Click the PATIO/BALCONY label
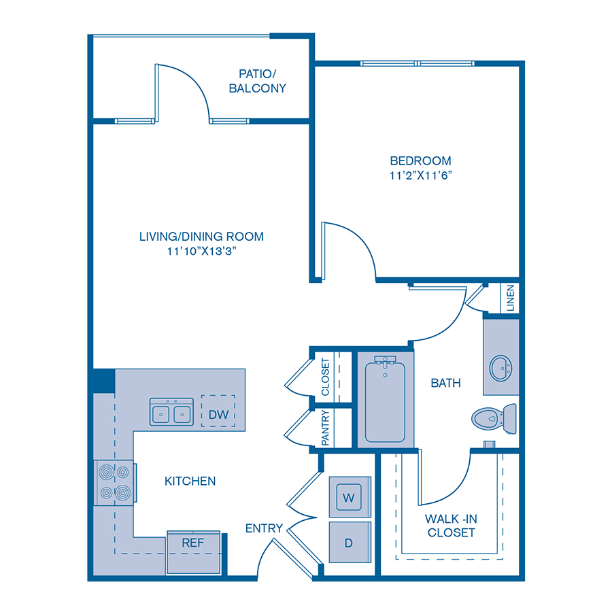(257, 80)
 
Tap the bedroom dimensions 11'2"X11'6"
(420, 175)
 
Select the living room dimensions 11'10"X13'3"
(201, 251)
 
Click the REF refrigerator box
(194, 543)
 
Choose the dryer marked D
(350, 543)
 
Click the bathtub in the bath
(385, 402)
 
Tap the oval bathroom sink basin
(502, 368)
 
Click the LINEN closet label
(511, 299)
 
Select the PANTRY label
(325, 428)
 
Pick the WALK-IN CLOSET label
(451, 525)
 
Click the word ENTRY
(264, 528)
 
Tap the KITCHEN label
(190, 481)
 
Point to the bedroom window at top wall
(416, 63)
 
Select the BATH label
(445, 383)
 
